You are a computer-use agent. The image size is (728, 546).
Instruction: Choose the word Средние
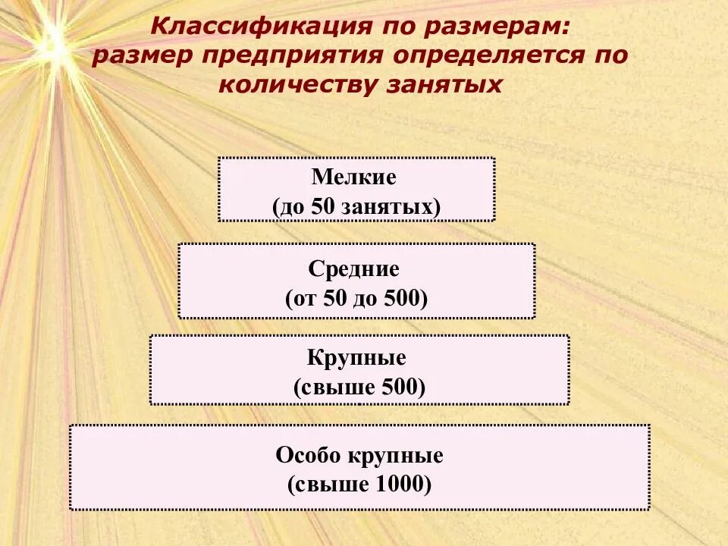point(354,268)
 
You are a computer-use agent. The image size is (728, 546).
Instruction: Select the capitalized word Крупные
point(356,358)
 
